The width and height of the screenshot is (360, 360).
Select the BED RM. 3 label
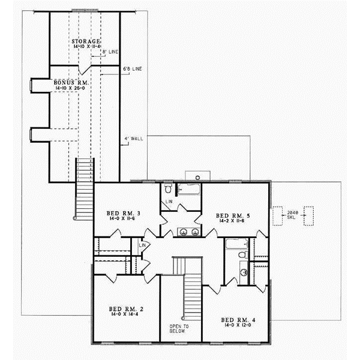(123, 214)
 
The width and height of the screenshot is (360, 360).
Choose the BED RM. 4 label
(238, 319)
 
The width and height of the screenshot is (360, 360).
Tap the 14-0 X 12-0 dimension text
(238, 326)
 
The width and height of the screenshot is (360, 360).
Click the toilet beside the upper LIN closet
(169, 189)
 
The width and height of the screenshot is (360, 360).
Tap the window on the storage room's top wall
(83, 10)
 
